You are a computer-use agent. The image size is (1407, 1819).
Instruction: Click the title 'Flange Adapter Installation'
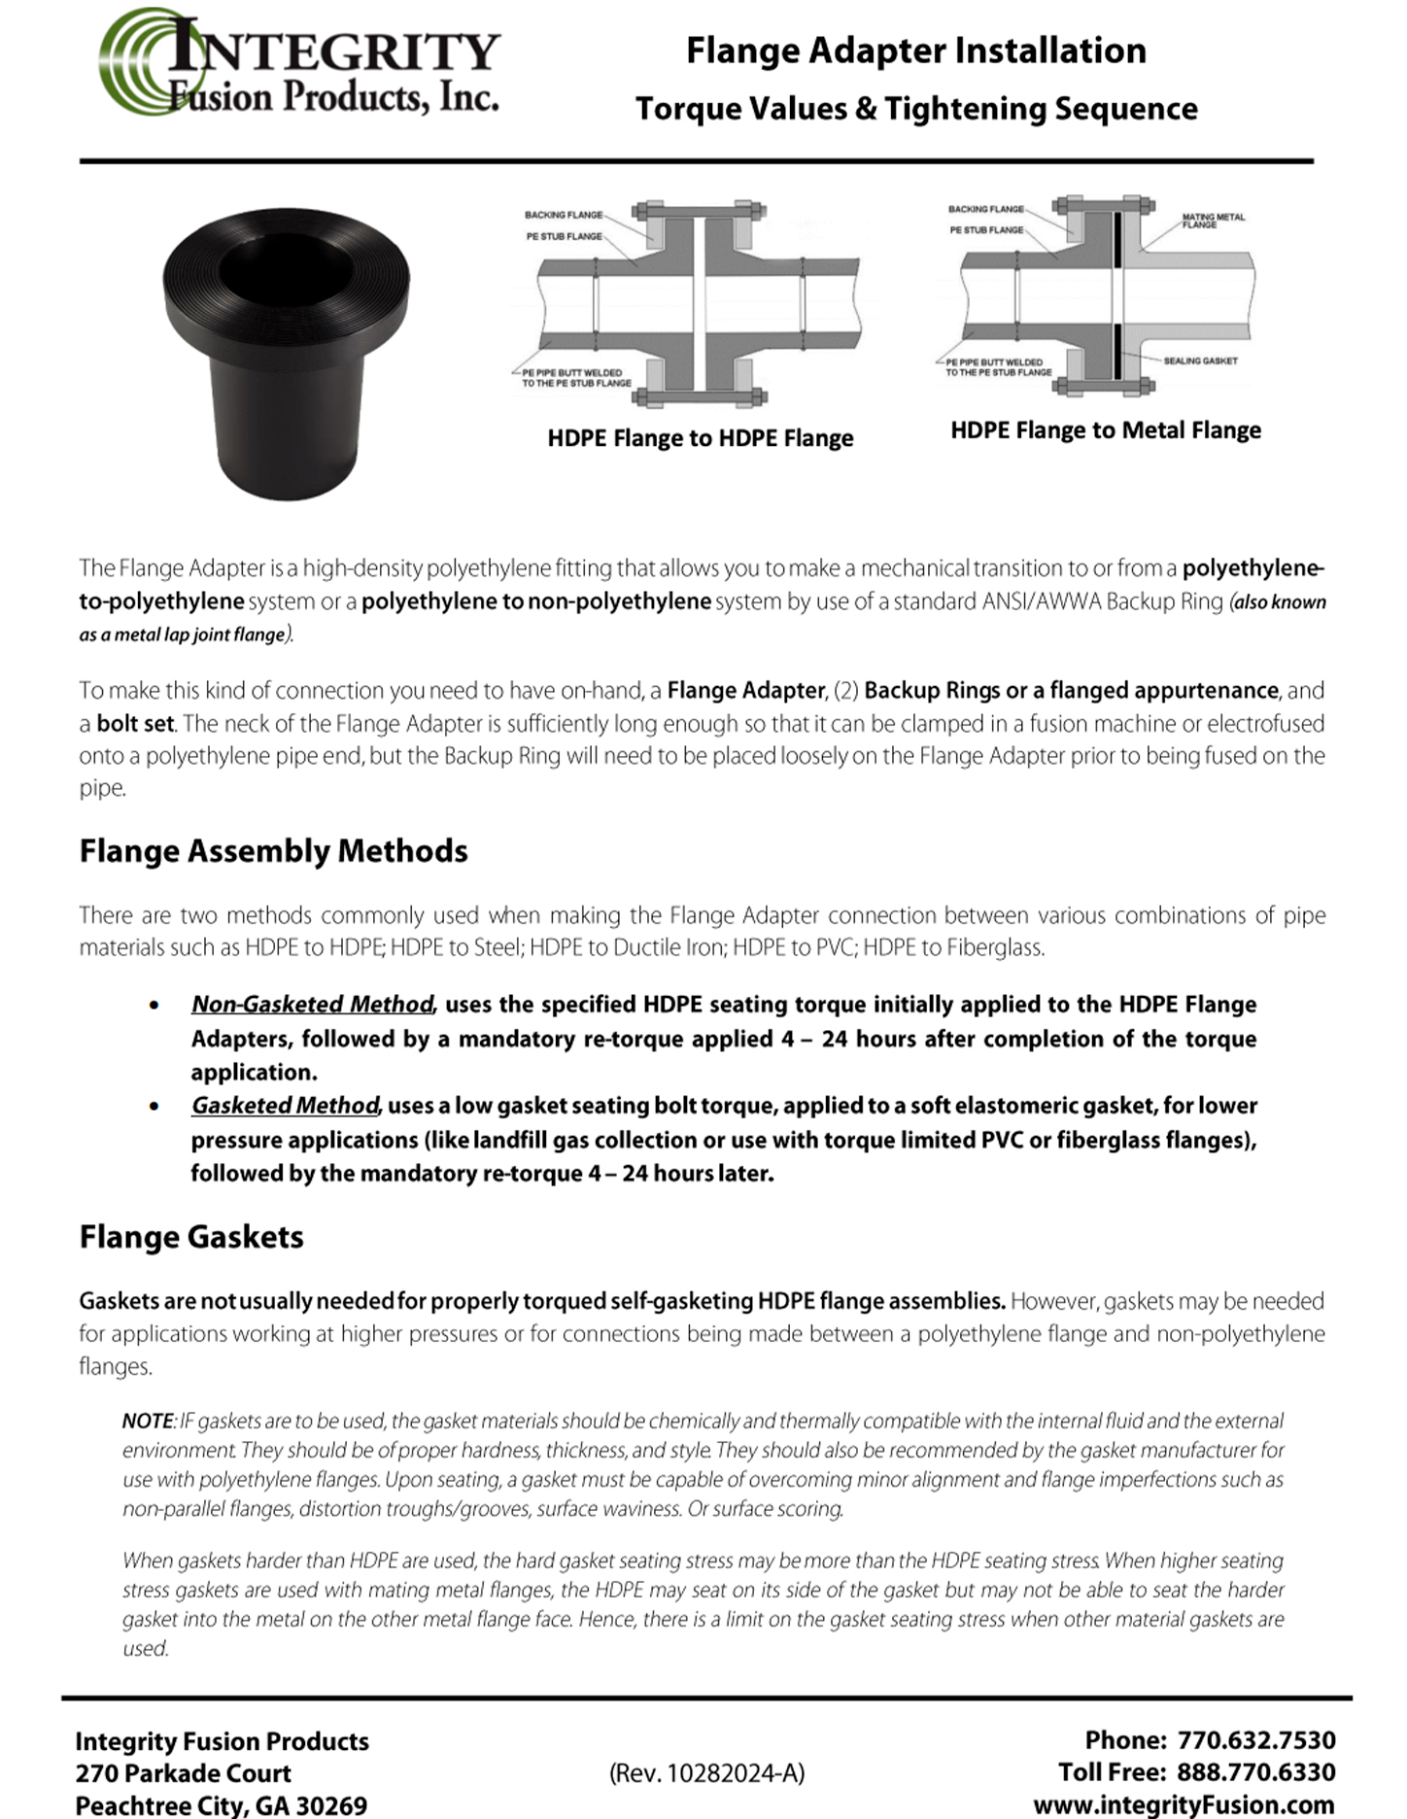[x=915, y=51]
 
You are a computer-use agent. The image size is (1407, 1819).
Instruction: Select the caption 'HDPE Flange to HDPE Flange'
[x=700, y=438]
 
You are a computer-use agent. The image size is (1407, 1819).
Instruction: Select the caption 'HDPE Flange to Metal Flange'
[x=1105, y=430]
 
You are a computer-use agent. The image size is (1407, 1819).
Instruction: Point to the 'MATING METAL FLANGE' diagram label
[x=1212, y=221]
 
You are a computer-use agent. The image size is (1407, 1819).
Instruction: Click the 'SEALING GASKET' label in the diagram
[x=1200, y=360]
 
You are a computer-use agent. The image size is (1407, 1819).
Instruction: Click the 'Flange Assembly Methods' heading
[x=273, y=851]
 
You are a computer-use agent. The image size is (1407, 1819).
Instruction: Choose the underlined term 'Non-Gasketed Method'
[x=312, y=1004]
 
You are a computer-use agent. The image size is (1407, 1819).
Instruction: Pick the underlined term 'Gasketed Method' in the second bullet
[x=284, y=1106]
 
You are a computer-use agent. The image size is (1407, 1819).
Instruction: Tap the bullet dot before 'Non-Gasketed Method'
[x=154, y=1005]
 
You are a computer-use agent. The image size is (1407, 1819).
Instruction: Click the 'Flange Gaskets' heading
[x=191, y=1237]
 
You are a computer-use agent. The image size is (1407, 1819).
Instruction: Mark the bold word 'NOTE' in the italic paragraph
[x=148, y=1421]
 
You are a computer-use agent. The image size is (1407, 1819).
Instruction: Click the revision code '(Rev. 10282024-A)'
[x=706, y=1773]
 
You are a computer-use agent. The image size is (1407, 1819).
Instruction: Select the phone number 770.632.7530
[x=1256, y=1739]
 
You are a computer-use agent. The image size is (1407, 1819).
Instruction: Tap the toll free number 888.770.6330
[x=1256, y=1771]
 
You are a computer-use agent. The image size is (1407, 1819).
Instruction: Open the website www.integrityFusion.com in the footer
[x=1183, y=1804]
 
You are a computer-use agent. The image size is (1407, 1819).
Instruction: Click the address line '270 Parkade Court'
[x=183, y=1773]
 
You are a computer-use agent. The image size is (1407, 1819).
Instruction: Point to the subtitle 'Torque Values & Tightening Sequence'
[x=915, y=109]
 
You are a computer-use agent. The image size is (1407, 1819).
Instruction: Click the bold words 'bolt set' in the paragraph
[x=135, y=724]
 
